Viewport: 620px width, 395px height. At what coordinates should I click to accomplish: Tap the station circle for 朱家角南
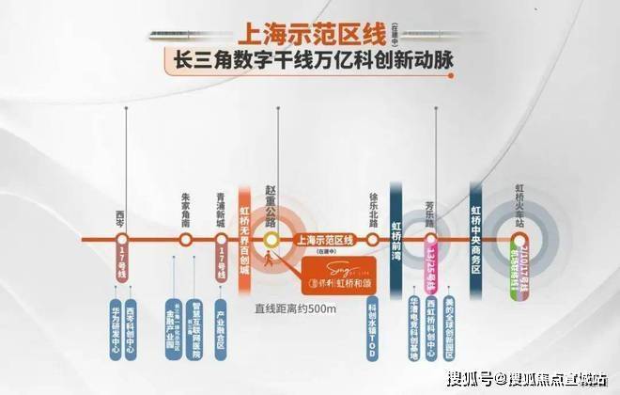coord(186,240)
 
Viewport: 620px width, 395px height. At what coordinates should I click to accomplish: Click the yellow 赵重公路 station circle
coord(273,241)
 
